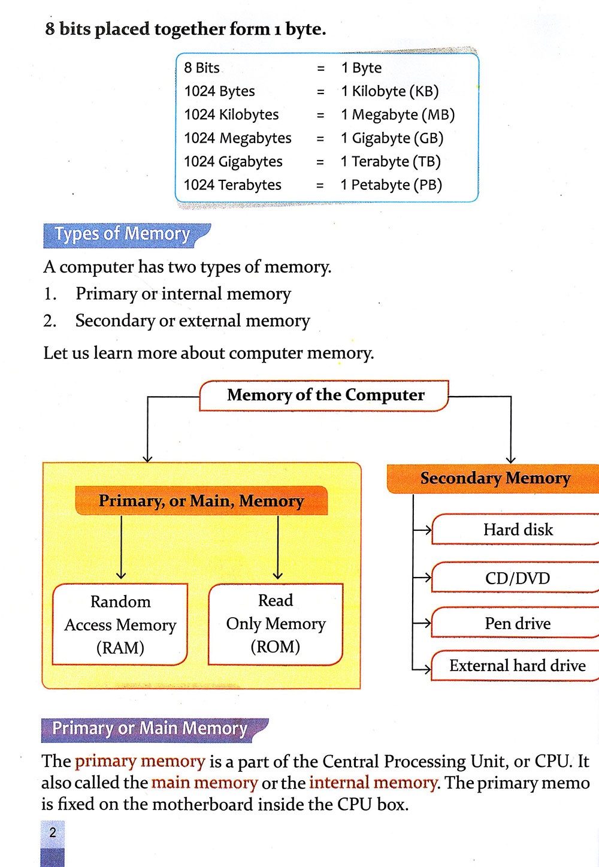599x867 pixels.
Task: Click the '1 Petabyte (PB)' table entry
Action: point(391,185)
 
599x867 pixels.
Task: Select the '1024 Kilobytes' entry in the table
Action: point(231,114)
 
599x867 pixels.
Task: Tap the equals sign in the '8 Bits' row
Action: point(320,68)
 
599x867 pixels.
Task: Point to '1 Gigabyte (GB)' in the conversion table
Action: point(392,138)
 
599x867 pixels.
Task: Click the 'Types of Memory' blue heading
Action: point(123,234)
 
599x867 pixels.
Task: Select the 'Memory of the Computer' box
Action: point(325,395)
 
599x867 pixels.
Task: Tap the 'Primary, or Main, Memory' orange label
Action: point(201,501)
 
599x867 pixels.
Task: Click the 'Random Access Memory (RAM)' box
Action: point(120,624)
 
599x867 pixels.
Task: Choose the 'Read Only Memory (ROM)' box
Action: point(276,624)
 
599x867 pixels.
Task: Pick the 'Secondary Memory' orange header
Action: point(495,478)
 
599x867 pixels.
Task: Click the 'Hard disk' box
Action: point(518,530)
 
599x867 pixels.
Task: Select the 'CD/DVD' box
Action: point(518,578)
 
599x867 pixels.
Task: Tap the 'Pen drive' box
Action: point(518,624)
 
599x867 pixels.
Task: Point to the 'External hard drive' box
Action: point(518,666)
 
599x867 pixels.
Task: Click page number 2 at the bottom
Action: point(53,832)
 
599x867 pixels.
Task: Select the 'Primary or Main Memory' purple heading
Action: point(150,729)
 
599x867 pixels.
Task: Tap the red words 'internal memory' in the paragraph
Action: point(373,783)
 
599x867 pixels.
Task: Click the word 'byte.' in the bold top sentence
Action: point(305,29)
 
